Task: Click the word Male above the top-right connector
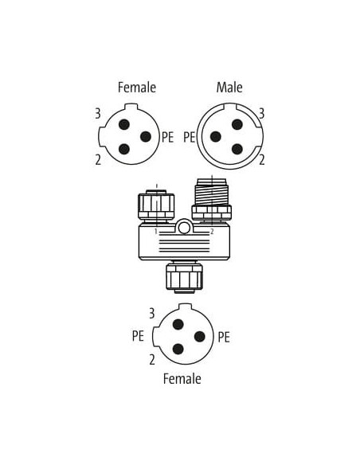[x=229, y=88]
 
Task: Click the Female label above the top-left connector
[x=137, y=88]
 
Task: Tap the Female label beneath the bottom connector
[x=182, y=379]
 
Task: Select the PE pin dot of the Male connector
[x=216, y=137]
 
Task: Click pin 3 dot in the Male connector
[x=237, y=124]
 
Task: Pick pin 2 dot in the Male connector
[x=237, y=149]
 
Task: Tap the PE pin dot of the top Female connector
[x=146, y=137]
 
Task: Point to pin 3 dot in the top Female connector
[x=124, y=124]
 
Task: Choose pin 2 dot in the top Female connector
[x=124, y=149]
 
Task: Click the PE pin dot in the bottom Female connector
[x=200, y=337]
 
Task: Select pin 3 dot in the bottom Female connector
[x=178, y=324]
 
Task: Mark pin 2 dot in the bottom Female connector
[x=178, y=349]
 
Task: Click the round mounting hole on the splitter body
[x=184, y=228]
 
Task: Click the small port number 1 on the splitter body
[x=155, y=232]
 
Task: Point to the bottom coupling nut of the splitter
[x=185, y=277]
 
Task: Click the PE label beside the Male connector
[x=190, y=137]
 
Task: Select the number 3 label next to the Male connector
[x=261, y=114]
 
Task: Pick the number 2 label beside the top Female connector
[x=98, y=160]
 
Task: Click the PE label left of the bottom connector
[x=138, y=336]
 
